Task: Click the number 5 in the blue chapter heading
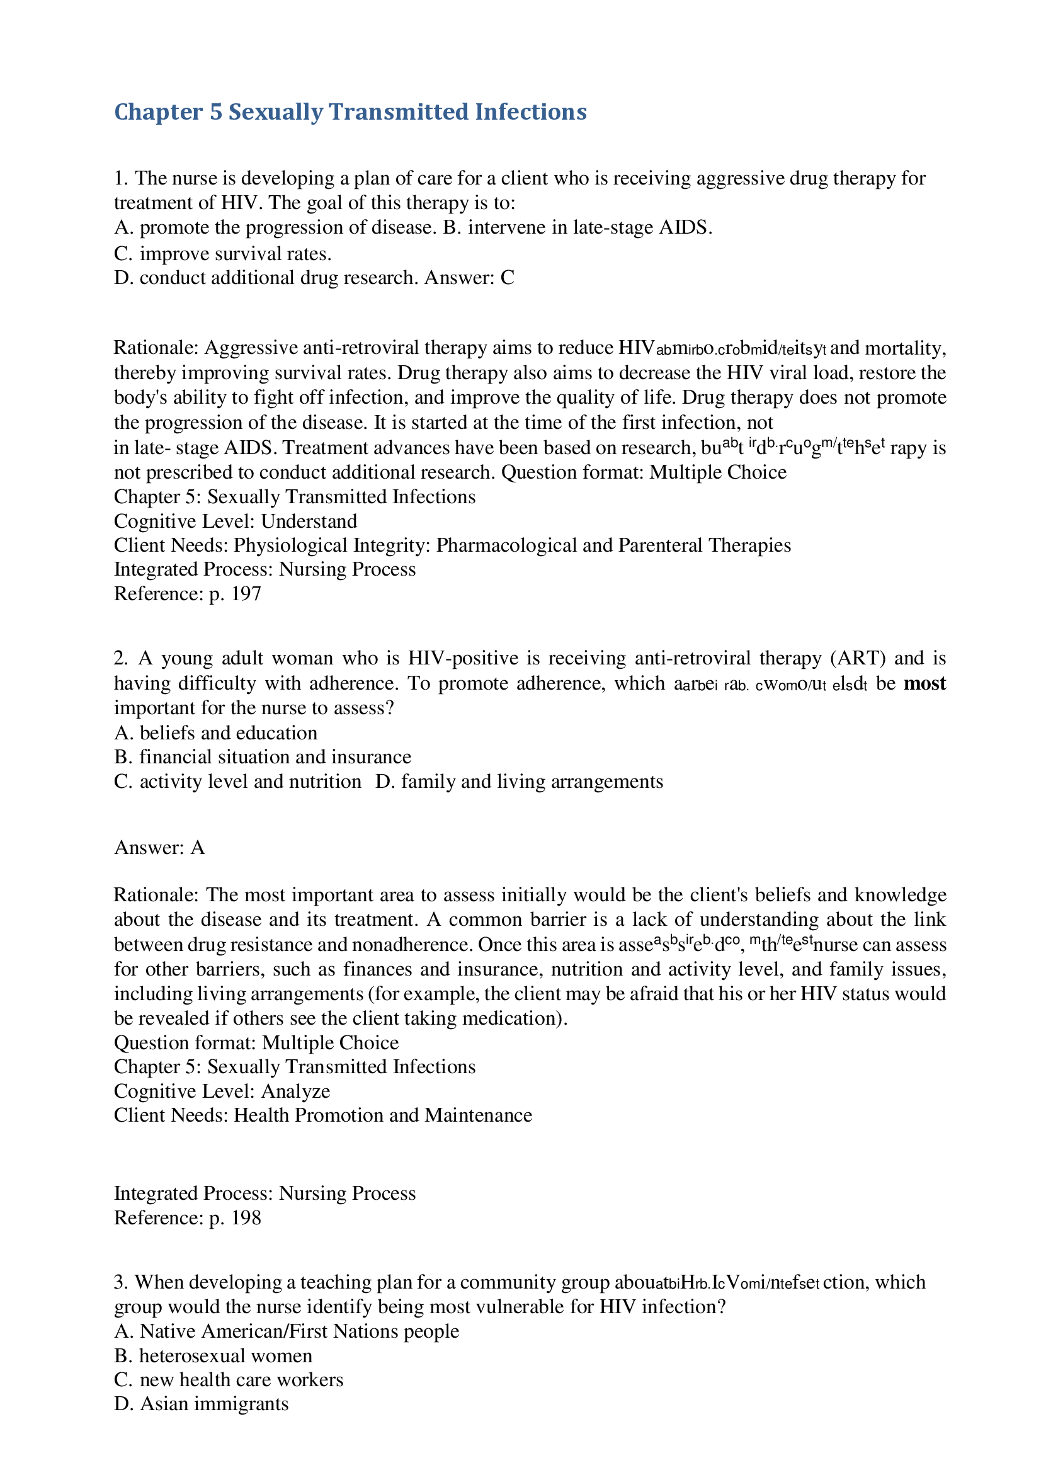pyautogui.click(x=216, y=113)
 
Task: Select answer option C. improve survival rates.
pyautogui.click(x=223, y=254)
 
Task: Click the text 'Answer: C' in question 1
pyautogui.click(x=469, y=278)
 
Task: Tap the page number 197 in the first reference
pyautogui.click(x=246, y=594)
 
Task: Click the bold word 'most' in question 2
pyautogui.click(x=924, y=683)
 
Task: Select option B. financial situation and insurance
pyautogui.click(x=263, y=757)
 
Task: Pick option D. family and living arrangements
pyautogui.click(x=519, y=781)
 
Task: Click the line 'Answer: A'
pyautogui.click(x=159, y=848)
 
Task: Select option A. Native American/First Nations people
pyautogui.click(x=287, y=1331)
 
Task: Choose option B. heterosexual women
pyautogui.click(x=213, y=1355)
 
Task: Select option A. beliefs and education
pyautogui.click(x=216, y=733)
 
